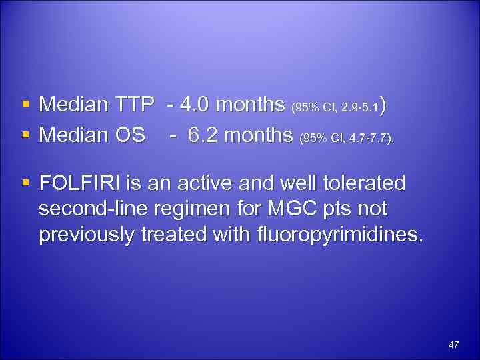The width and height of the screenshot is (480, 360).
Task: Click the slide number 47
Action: click(454, 345)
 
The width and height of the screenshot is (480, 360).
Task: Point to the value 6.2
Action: click(203, 135)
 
